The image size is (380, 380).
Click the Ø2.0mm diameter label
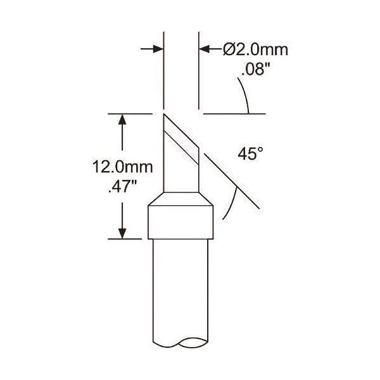256,50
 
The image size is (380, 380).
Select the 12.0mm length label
123,167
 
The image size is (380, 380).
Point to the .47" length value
123,187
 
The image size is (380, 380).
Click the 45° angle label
250,154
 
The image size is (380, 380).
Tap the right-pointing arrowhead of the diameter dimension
158,49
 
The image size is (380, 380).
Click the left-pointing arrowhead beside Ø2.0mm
205,49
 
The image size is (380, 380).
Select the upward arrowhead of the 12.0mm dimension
122,119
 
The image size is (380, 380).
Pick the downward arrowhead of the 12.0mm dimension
122,233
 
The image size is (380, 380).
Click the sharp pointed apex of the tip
164,114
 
